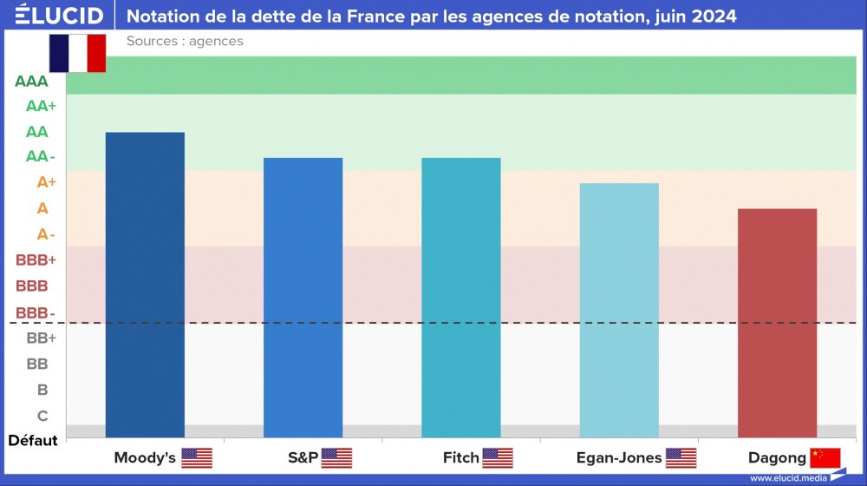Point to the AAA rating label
pyautogui.click(x=31, y=82)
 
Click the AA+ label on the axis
pyautogui.click(x=41, y=106)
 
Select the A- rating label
pyautogui.click(x=46, y=234)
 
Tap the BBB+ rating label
pyautogui.click(x=36, y=259)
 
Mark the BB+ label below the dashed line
pyautogui.click(x=41, y=338)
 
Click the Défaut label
pyautogui.click(x=33, y=440)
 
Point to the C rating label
pyautogui.click(x=42, y=416)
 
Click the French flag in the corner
pyautogui.click(x=77, y=53)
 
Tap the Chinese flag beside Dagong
pyautogui.click(x=825, y=457)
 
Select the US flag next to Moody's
pyautogui.click(x=197, y=457)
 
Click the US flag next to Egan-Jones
pyautogui.click(x=681, y=457)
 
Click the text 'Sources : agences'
pyautogui.click(x=185, y=41)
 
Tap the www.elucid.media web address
pyautogui.click(x=789, y=477)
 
